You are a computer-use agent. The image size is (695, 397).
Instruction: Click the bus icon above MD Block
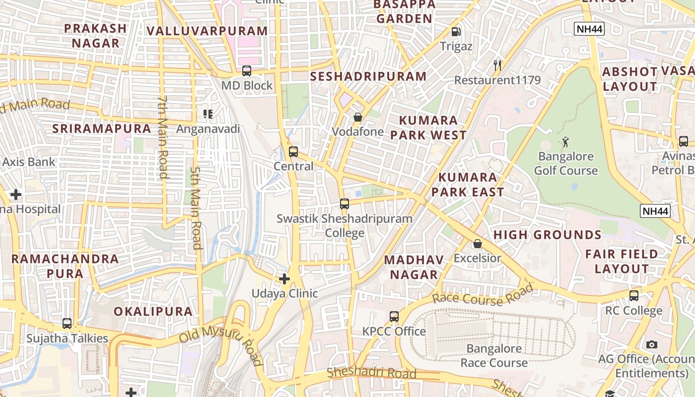[x=247, y=71]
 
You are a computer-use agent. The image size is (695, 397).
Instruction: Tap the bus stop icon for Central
[x=293, y=152]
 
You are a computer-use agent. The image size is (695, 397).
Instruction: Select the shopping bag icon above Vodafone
[x=357, y=118]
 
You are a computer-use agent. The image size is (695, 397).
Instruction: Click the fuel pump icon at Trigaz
[x=456, y=32]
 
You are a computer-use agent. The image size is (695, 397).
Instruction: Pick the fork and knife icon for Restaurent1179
[x=497, y=65]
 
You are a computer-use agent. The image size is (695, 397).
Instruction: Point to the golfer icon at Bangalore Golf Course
[x=565, y=142]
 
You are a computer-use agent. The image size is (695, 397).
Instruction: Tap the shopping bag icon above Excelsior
[x=477, y=244]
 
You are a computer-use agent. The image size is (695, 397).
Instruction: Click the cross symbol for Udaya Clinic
[x=284, y=279]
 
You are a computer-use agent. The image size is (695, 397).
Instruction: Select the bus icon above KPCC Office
[x=394, y=316]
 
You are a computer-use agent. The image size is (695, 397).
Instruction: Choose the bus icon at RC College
[x=634, y=296]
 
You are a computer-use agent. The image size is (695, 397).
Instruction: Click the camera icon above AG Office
[x=652, y=344]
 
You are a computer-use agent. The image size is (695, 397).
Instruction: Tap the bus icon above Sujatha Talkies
[x=67, y=324]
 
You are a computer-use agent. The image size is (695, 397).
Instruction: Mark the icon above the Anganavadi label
[x=208, y=115]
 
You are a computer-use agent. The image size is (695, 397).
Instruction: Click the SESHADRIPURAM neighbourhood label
[x=368, y=76]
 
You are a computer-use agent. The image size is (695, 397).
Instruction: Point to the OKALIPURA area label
[x=153, y=312]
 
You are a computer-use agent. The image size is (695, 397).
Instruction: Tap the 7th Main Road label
[x=162, y=137]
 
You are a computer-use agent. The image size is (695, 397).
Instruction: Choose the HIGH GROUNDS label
[x=547, y=235]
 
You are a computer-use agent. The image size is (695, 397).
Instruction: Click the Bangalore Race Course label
[x=494, y=355]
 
